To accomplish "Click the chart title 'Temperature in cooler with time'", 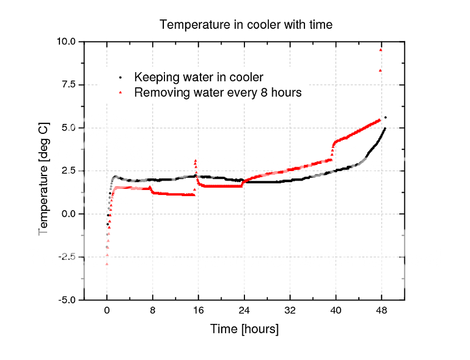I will point(246,25).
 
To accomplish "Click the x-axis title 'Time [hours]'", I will point(244,329).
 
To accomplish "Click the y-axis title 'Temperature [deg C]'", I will point(43,178).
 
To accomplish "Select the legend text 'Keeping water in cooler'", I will point(199,77).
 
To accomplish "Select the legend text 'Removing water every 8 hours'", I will point(218,93).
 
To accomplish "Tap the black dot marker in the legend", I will point(120,77).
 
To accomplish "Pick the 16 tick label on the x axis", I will point(198,311).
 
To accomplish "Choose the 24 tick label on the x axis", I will point(244,311).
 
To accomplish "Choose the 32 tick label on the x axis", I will point(289,311).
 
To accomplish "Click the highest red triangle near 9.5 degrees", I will point(381,50).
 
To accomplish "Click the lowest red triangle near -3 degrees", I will point(106,264).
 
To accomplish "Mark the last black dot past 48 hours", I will point(386,117).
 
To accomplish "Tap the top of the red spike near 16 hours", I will point(196,161).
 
